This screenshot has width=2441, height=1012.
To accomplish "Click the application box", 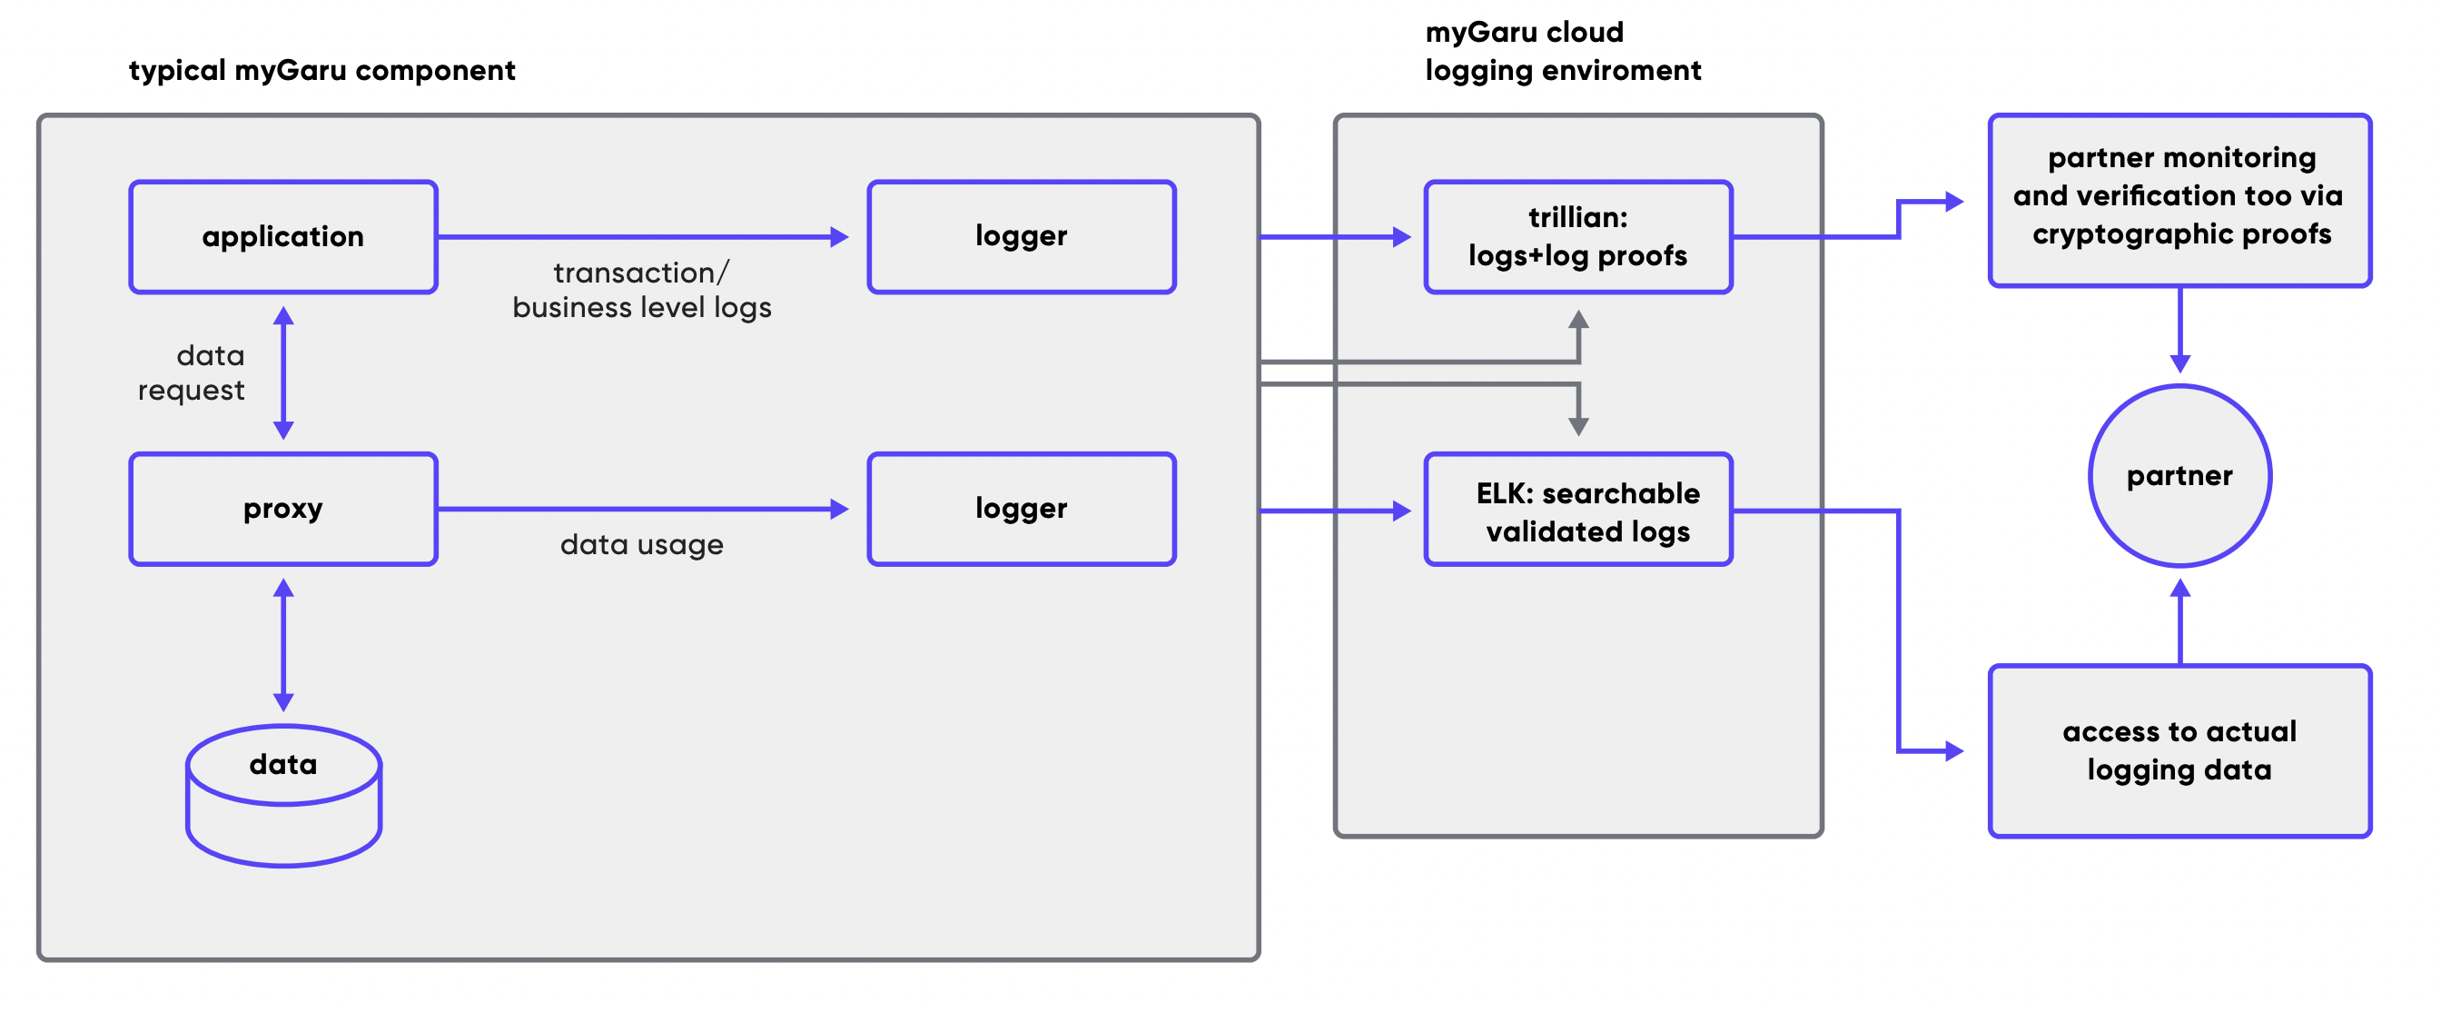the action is point(283,237).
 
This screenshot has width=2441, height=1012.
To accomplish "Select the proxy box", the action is point(283,509).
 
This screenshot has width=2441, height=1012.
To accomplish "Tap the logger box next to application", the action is point(1022,237).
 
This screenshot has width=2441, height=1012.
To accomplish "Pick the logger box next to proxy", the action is point(1022,509).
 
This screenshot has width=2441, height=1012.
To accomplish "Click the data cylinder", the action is point(283,796).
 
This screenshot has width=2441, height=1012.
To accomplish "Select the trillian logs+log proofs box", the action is point(1577,237).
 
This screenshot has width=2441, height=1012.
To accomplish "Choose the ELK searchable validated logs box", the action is point(1577,509).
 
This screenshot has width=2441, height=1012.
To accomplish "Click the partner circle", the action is point(2179,476).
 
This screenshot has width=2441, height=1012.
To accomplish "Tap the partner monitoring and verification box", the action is point(2179,200).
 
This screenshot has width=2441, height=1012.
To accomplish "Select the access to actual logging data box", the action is point(2179,750).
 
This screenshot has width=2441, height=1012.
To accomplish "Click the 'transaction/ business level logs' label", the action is point(641,290).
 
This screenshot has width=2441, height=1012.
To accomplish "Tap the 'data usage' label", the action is point(641,545).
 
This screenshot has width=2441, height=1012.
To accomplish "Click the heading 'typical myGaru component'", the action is point(322,70).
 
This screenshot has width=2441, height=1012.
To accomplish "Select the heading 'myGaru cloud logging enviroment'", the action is point(1564,51).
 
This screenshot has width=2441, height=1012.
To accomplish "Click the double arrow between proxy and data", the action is point(283,645).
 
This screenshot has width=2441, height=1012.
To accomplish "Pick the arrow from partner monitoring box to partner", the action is point(2180,330).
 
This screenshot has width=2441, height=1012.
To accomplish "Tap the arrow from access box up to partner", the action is point(2180,621).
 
